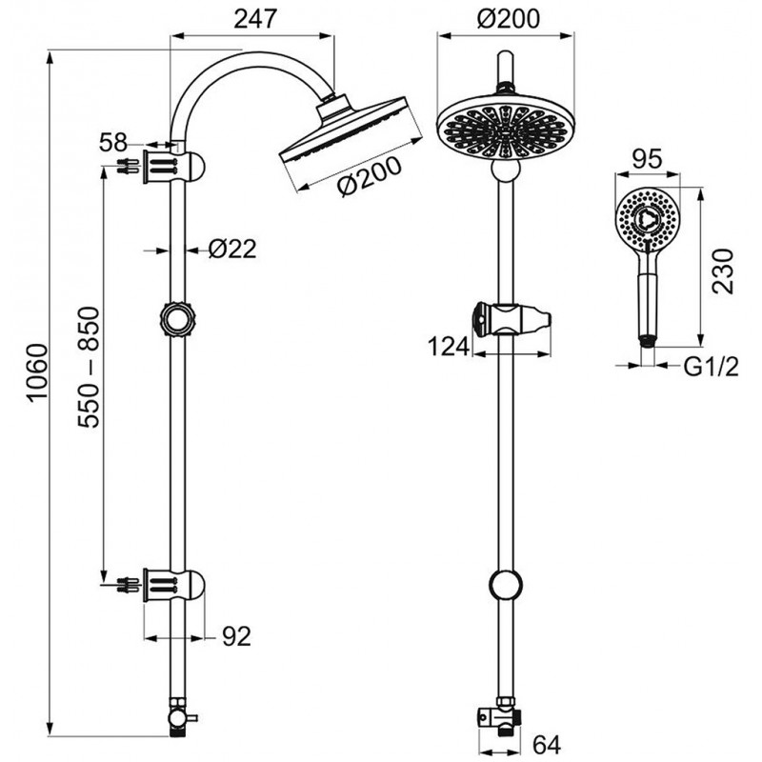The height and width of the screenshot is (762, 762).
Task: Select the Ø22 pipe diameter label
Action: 232,251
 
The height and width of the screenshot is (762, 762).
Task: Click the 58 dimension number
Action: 113,143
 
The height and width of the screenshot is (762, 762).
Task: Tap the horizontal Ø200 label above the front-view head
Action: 507,17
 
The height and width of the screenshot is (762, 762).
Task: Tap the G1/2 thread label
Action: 710,364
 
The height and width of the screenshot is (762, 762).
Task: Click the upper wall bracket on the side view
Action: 175,166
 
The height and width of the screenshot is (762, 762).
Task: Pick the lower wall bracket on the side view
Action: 175,582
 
